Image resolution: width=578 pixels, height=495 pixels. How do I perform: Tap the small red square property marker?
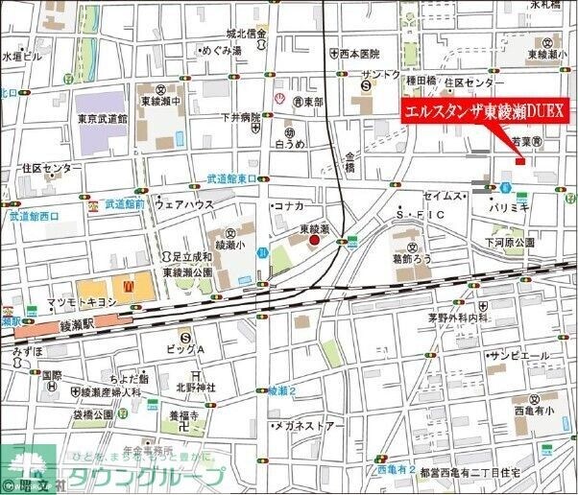pyautogui.click(x=520, y=160)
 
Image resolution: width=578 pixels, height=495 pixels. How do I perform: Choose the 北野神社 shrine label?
pyautogui.click(x=193, y=387)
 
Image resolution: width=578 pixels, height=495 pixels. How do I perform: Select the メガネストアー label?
pyautogui.click(x=310, y=425)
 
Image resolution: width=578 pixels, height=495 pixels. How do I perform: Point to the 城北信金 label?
pyautogui.click(x=245, y=34)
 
